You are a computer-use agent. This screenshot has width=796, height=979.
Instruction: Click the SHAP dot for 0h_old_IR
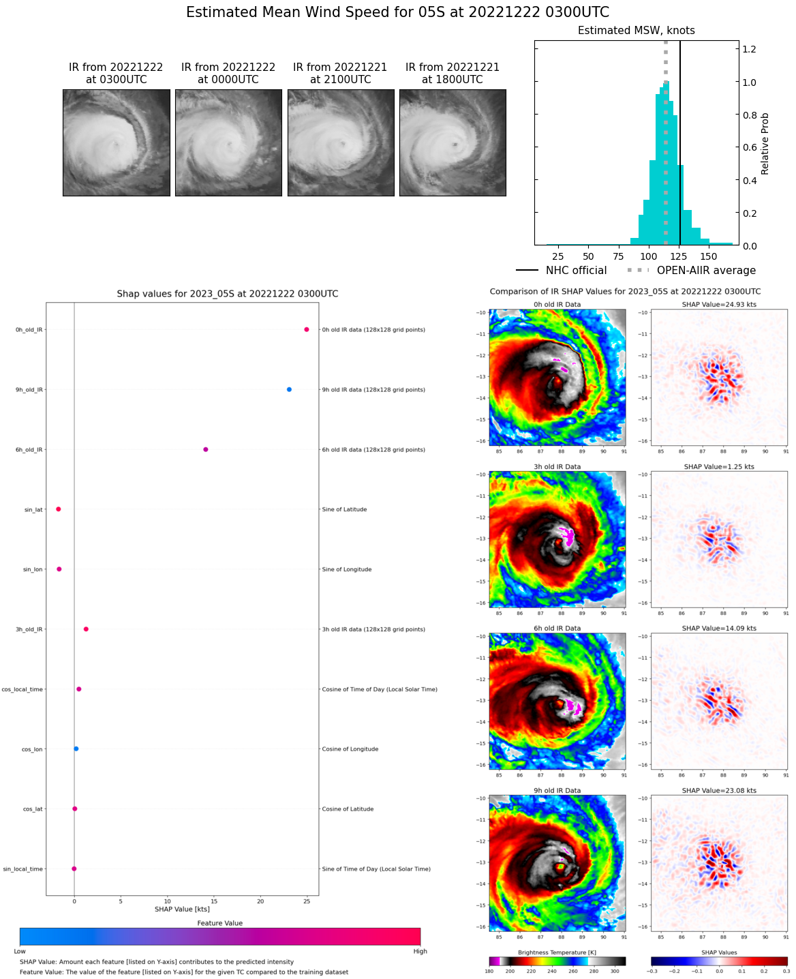point(307,329)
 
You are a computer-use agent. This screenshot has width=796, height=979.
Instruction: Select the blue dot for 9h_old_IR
point(289,389)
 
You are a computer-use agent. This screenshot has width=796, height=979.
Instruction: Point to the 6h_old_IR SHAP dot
point(205,449)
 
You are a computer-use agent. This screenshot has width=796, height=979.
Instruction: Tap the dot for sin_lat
point(59,509)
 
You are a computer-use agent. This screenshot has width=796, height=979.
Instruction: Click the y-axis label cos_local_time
point(22,689)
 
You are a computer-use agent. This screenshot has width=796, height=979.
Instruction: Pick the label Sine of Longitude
point(346,569)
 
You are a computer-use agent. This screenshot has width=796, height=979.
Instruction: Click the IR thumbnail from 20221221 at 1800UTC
point(453,143)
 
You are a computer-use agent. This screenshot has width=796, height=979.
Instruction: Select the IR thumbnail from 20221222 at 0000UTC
point(228,143)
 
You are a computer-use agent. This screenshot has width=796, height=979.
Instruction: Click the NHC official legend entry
point(562,271)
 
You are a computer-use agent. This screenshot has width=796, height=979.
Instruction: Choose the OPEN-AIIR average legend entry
point(692,271)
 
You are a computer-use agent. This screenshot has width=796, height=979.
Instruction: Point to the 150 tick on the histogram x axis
point(709,257)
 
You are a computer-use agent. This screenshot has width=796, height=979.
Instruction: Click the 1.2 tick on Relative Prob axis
point(749,49)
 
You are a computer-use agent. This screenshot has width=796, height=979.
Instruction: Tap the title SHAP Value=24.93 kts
point(719,305)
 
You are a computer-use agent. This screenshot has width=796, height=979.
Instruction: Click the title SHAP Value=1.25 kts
point(719,467)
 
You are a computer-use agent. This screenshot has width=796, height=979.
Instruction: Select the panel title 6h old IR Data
point(557,629)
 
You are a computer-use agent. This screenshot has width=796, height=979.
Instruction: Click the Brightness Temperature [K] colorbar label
point(557,952)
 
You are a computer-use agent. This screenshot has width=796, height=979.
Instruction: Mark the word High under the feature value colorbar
point(420,951)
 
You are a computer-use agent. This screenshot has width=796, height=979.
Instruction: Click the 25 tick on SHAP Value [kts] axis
point(307,901)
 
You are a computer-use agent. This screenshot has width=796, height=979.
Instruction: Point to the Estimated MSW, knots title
point(636,31)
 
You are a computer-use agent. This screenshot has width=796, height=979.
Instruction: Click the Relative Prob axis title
point(765,143)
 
